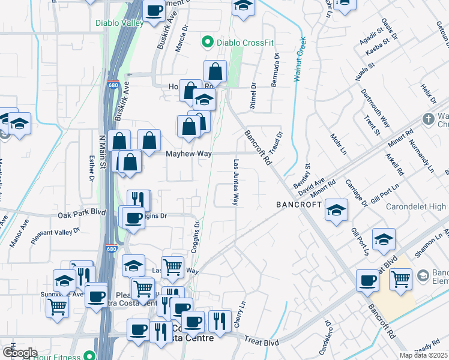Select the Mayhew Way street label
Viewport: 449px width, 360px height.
click(x=189, y=154)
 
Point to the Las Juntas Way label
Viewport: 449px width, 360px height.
click(x=236, y=182)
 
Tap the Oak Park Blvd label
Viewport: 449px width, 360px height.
click(x=82, y=214)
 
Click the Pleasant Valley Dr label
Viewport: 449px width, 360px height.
click(x=55, y=235)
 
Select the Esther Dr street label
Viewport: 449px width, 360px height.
click(x=92, y=169)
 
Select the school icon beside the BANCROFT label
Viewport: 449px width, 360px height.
click(x=336, y=210)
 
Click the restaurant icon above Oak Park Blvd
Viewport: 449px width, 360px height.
click(x=139, y=199)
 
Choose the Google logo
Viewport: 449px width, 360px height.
click(x=19, y=353)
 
